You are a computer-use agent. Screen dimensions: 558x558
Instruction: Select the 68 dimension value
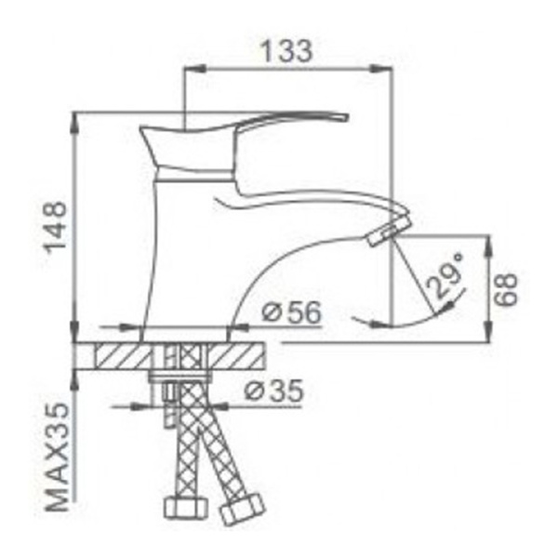coord(507,290)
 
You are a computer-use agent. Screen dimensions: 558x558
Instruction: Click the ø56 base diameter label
coord(291,314)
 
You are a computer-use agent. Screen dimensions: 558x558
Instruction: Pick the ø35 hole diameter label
coord(273,393)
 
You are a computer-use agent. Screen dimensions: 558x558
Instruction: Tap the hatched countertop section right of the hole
coord(237,356)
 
